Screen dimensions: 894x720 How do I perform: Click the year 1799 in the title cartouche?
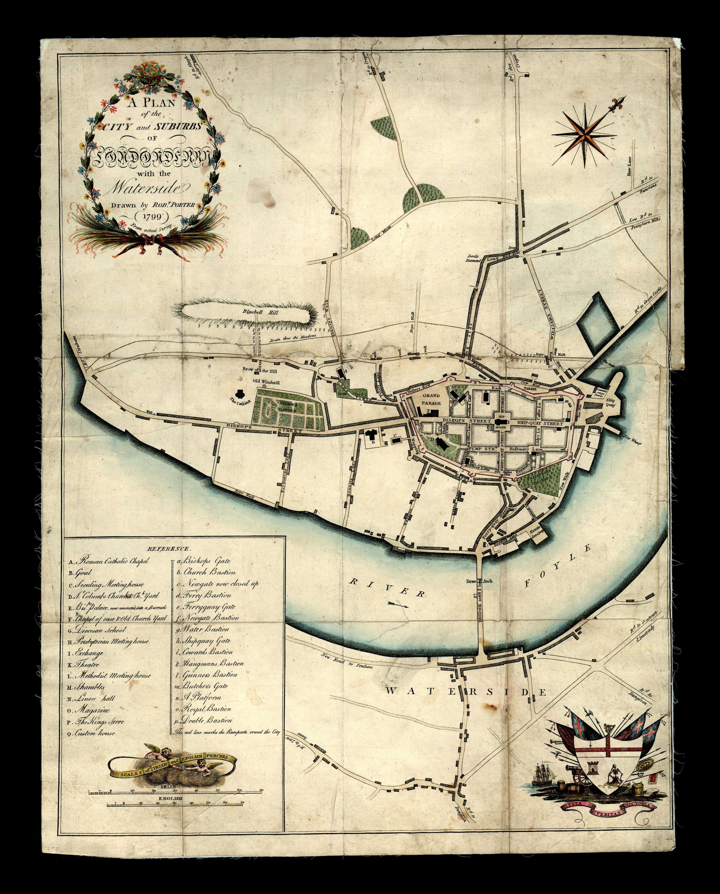point(151,216)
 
